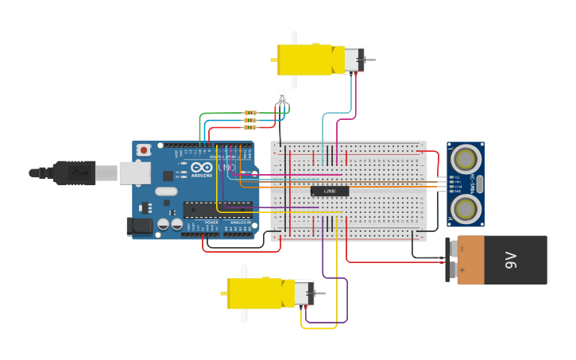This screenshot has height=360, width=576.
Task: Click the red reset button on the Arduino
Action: click(x=144, y=149)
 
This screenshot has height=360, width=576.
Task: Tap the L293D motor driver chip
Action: click(x=330, y=192)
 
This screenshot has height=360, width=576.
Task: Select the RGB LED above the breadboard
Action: click(x=280, y=99)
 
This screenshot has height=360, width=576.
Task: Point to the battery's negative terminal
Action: click(x=454, y=249)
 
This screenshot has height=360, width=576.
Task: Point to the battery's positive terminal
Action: click(x=454, y=270)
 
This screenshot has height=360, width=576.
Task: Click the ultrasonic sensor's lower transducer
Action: click(x=465, y=208)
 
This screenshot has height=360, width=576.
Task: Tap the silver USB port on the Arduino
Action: click(x=134, y=172)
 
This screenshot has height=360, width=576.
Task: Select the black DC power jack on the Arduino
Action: click(x=140, y=226)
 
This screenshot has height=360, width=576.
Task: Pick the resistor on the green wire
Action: click(x=250, y=113)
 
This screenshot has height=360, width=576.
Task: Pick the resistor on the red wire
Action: click(x=250, y=127)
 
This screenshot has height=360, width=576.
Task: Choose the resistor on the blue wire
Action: click(x=250, y=120)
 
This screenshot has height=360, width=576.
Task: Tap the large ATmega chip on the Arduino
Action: click(x=217, y=210)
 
